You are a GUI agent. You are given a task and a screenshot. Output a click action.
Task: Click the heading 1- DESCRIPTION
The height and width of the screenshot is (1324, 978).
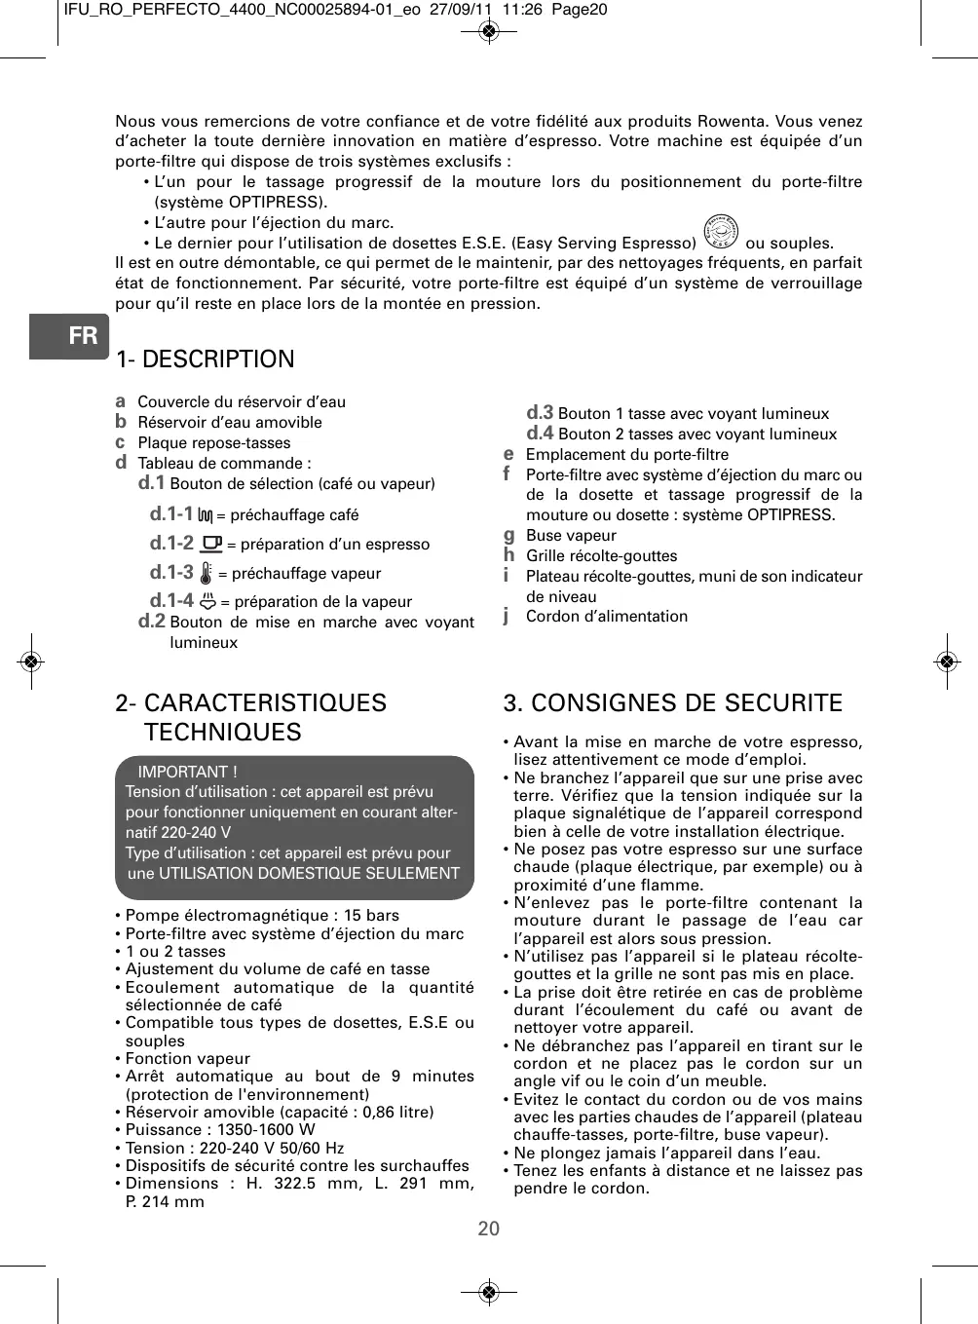[x=205, y=359]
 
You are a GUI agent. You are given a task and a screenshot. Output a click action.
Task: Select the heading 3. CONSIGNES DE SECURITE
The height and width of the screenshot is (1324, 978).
[x=672, y=703]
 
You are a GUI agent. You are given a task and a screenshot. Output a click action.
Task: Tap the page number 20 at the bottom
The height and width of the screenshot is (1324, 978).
[x=489, y=1229]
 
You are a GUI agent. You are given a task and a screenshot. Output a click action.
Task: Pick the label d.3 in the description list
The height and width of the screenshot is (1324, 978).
[x=540, y=413]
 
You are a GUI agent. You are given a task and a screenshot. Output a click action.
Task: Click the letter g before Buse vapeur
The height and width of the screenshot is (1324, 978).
[x=508, y=535]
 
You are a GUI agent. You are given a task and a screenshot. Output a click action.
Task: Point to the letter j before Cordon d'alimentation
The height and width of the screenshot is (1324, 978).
[x=507, y=616]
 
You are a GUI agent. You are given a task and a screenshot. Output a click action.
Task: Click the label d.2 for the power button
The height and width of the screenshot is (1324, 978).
[x=151, y=622]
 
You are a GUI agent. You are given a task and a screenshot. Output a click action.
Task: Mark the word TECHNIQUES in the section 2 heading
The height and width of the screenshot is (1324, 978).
[x=223, y=733]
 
